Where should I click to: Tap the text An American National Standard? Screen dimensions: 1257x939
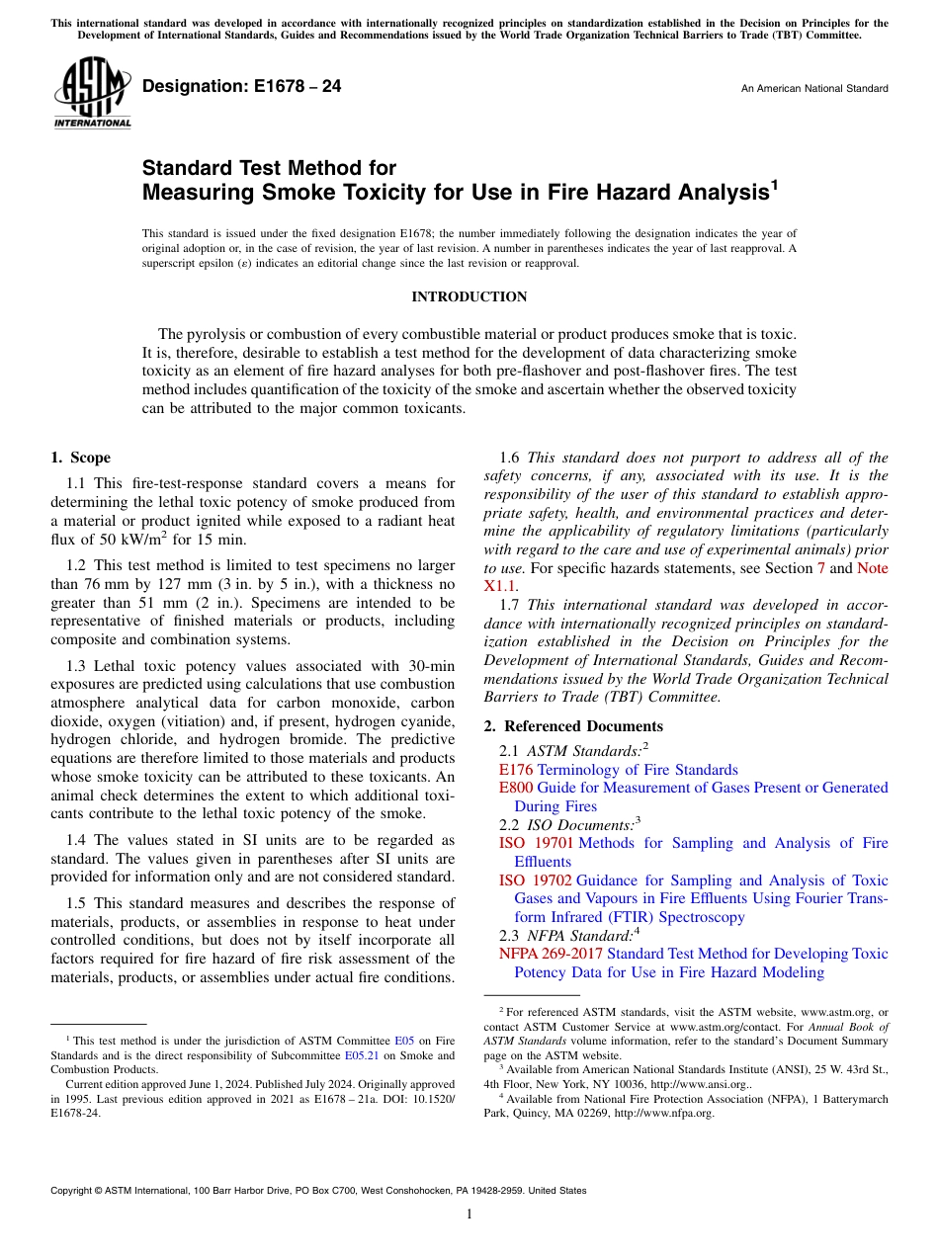click(813, 89)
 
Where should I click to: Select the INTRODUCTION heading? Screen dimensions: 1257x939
click(469, 296)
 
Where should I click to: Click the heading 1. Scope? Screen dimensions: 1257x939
click(80, 458)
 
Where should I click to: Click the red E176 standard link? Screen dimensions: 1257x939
click(516, 770)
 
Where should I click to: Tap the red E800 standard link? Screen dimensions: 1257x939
click(516, 788)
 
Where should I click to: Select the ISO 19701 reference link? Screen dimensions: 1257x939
click(536, 843)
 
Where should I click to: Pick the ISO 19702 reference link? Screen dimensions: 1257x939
click(536, 880)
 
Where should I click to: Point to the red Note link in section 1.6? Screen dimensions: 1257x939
click(872, 568)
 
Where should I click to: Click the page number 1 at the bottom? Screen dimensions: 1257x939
click(469, 1214)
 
